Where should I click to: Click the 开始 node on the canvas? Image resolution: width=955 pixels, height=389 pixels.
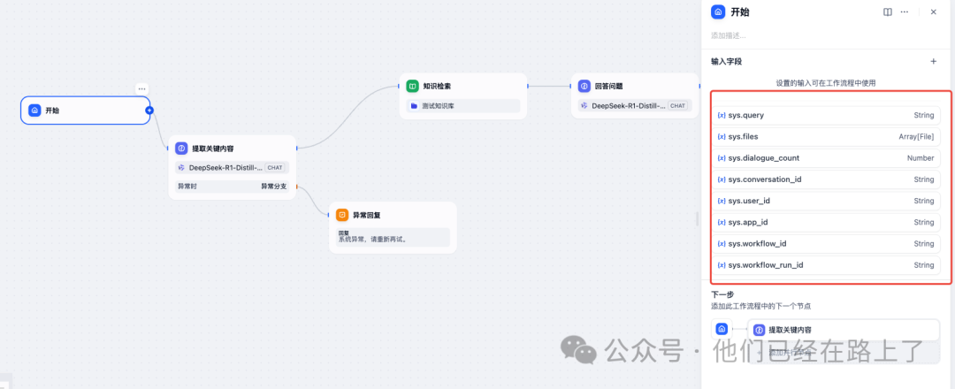point(85,111)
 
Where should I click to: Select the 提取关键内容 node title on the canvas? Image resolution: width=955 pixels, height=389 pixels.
point(212,149)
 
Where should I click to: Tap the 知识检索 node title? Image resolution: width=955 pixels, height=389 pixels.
point(437,87)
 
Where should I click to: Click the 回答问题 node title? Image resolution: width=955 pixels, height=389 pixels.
point(608,87)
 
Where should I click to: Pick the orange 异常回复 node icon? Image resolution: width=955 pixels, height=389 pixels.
point(342,215)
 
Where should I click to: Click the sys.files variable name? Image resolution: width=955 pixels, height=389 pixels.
point(737,137)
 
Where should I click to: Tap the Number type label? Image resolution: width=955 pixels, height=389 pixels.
point(921,158)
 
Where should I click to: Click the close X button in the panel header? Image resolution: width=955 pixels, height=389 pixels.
point(933,12)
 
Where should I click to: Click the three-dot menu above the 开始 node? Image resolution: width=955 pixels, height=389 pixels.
point(141,88)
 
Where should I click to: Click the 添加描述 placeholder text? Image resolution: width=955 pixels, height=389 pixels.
point(729,36)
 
